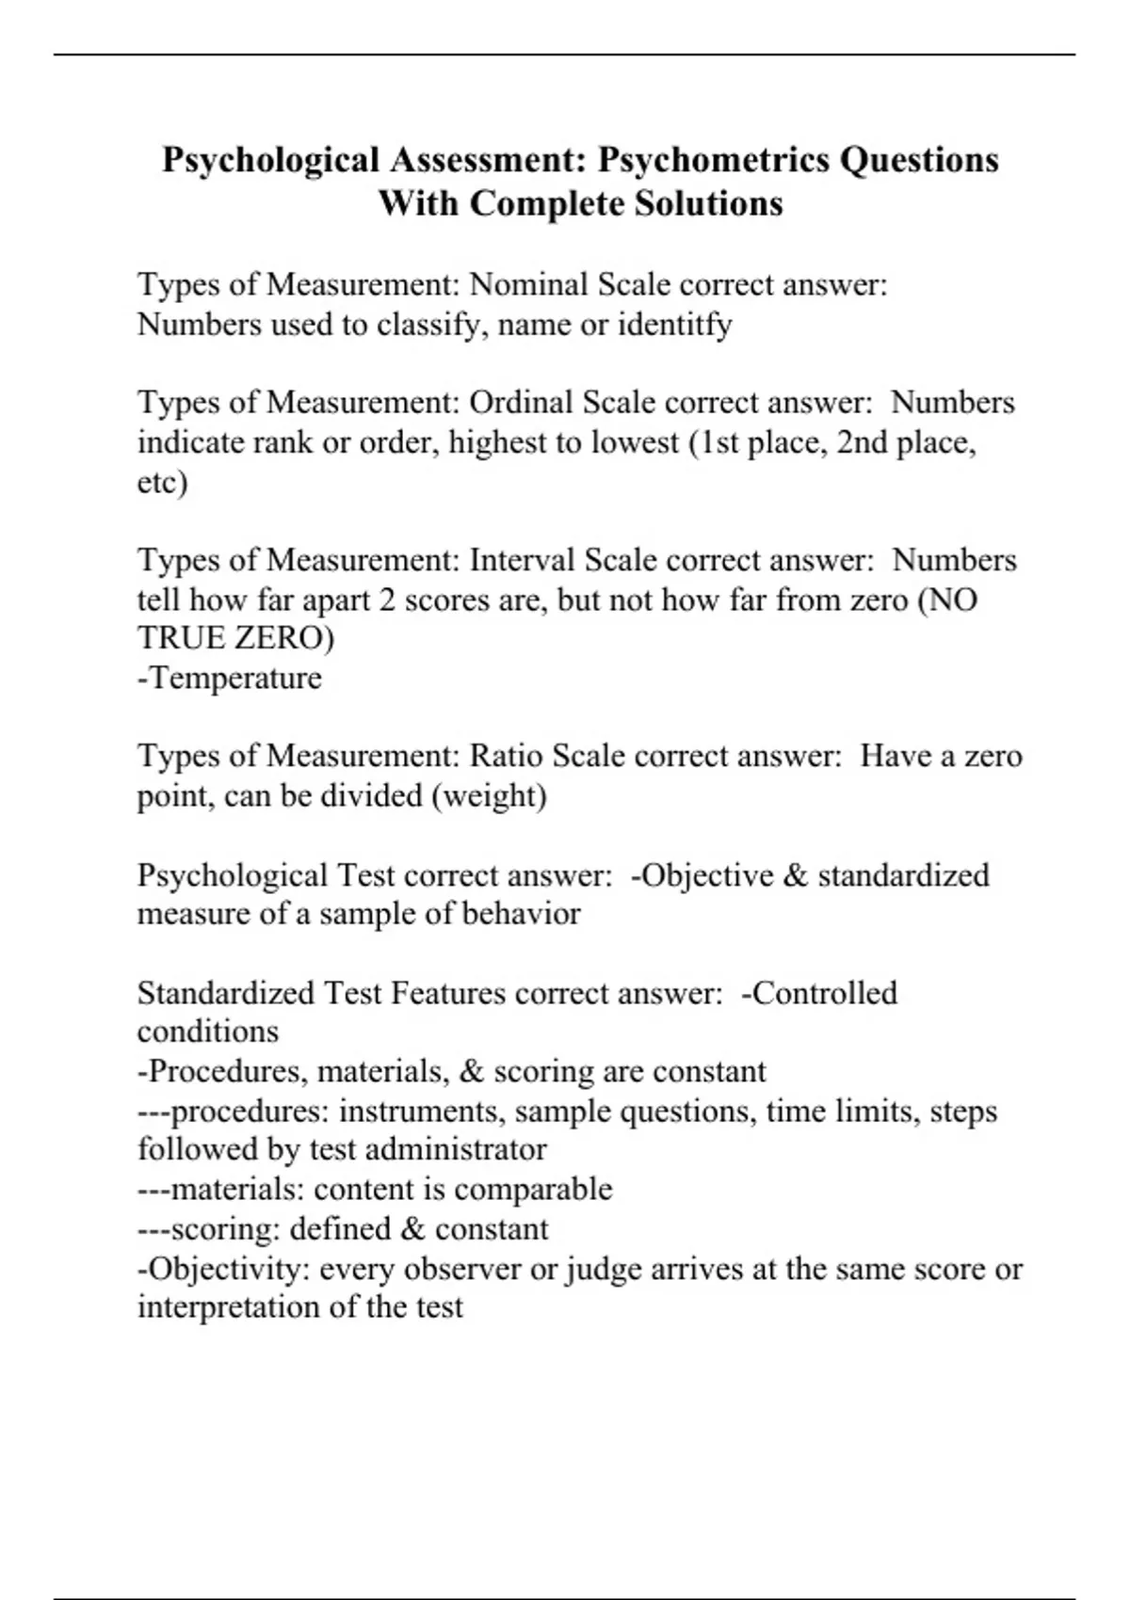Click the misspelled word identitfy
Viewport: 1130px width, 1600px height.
click(x=674, y=325)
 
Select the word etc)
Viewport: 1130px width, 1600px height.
click(x=162, y=482)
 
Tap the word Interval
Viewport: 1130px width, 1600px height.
click(x=523, y=561)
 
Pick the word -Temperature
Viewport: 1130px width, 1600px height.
click(x=230, y=678)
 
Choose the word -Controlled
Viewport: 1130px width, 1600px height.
click(x=819, y=994)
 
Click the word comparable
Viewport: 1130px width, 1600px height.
click(x=533, y=1190)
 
